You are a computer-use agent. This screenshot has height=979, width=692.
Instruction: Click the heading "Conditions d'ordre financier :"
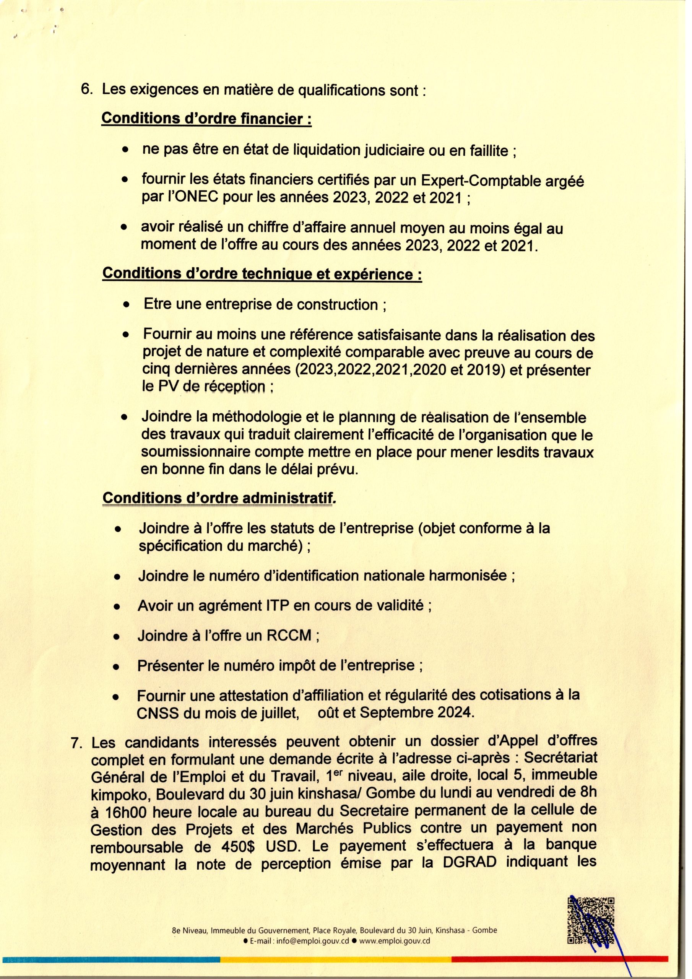[206, 119]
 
